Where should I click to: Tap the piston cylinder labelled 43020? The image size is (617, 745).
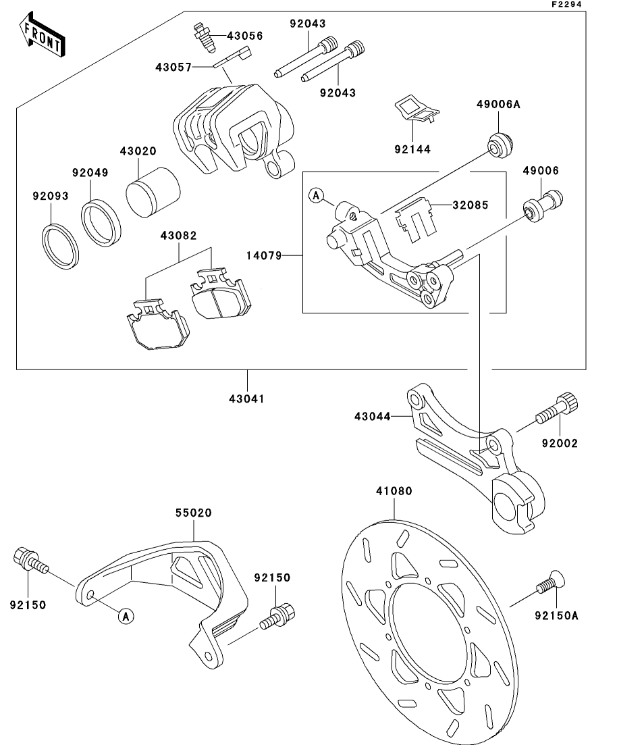pos(153,191)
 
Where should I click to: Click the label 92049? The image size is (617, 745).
pos(90,172)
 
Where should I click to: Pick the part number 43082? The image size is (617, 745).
pos(178,236)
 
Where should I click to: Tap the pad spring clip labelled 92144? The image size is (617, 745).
pos(413,110)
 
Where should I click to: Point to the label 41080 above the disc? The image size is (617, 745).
pos(394,491)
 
